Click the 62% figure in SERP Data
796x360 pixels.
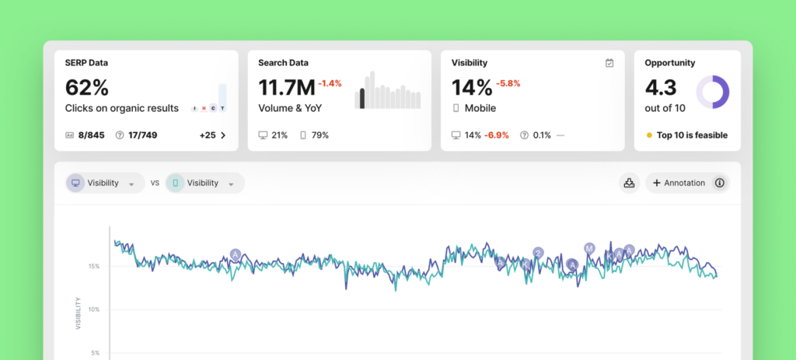(x=87, y=87)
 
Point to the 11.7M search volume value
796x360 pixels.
(x=286, y=87)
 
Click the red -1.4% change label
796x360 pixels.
(x=330, y=83)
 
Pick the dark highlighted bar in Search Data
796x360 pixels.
(x=361, y=98)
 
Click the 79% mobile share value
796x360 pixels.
(x=319, y=135)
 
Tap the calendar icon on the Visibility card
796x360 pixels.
(x=609, y=63)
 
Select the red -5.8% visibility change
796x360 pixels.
(x=508, y=83)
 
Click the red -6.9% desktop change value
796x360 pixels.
(x=497, y=135)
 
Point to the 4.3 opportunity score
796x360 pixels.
(x=660, y=87)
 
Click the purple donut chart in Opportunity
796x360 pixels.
(x=711, y=92)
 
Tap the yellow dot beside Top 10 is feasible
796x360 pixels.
(x=649, y=135)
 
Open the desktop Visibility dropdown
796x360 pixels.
(x=105, y=183)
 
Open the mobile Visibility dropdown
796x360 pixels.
(x=204, y=183)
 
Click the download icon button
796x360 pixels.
(x=627, y=183)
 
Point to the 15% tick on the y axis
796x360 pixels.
(x=93, y=266)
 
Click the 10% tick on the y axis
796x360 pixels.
(x=93, y=309)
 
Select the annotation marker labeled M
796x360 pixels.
(x=589, y=248)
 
